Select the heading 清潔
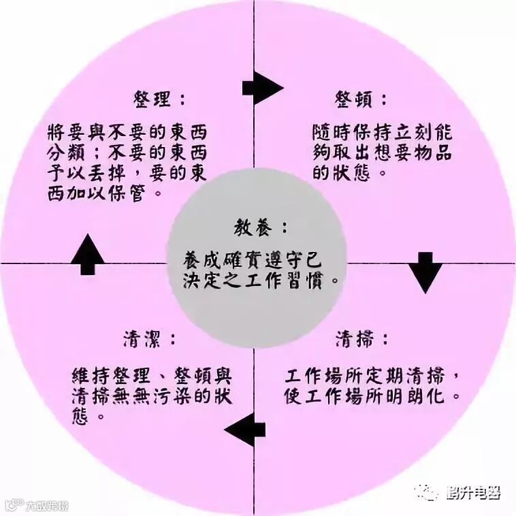pos(150,338)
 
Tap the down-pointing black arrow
pos(425,272)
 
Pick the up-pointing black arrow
pos(88,254)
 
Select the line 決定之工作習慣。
pos(261,280)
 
